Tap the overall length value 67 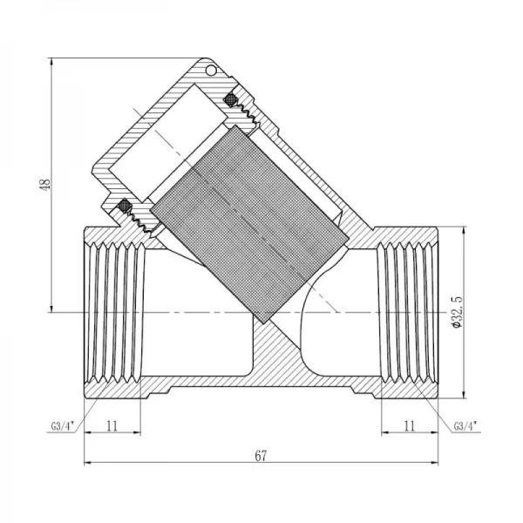(261, 454)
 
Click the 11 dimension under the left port (112, 426)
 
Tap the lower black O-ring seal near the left (125, 207)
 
